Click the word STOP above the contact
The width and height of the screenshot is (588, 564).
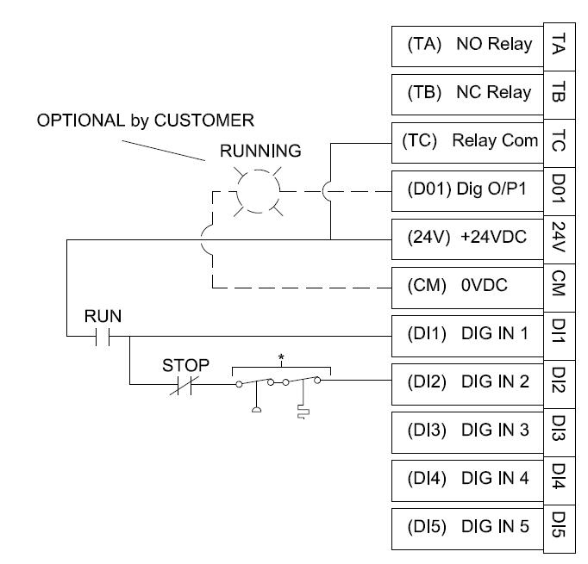click(186, 365)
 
